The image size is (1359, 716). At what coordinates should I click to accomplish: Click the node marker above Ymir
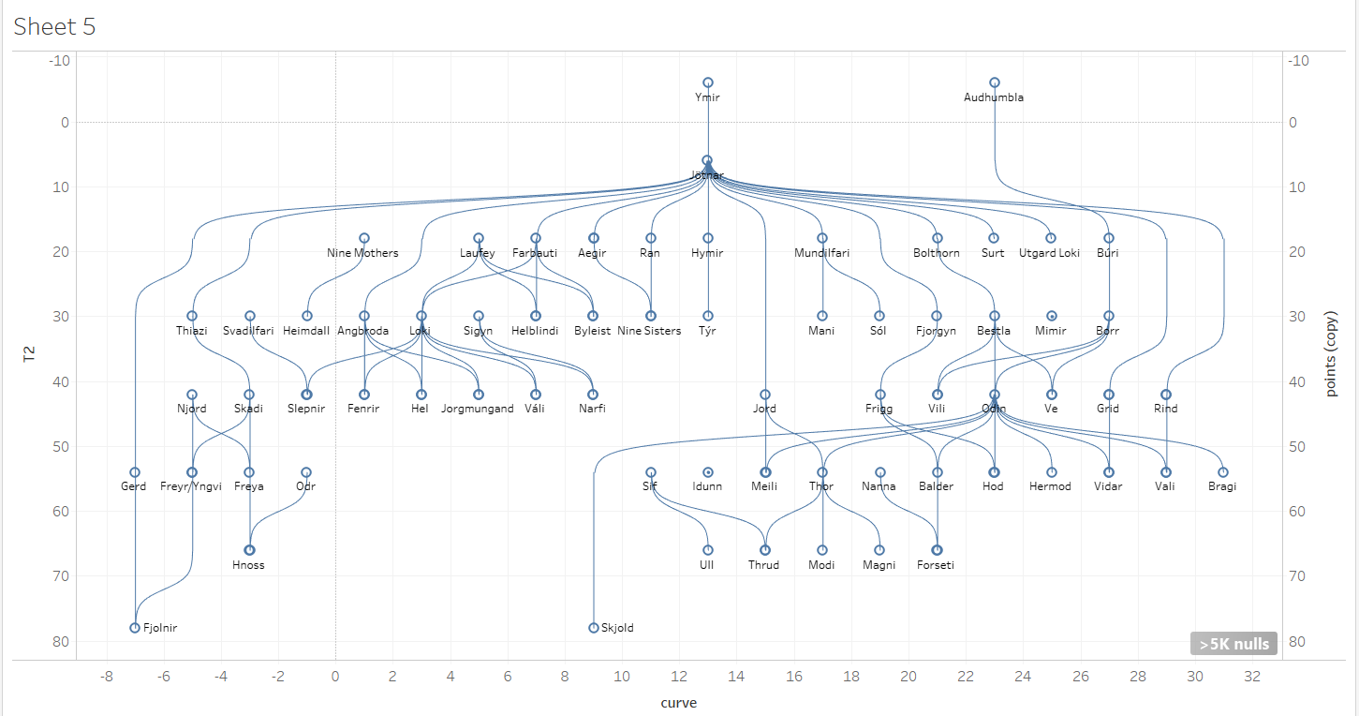708,82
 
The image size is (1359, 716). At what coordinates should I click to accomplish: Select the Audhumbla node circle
995,82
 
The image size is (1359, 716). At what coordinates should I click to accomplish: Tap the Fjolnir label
160,628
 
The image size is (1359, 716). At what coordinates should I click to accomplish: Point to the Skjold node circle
594,628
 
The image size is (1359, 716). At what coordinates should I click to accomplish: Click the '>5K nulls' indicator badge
1233,644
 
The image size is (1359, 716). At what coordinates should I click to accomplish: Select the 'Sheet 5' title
54,26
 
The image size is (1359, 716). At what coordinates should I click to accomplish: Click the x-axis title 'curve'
678,703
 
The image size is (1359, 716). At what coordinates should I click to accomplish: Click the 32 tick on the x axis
1252,677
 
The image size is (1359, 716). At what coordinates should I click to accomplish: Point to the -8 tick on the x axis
106,677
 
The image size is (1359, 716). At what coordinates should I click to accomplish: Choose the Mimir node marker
1052,316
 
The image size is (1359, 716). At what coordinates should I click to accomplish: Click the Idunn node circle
708,472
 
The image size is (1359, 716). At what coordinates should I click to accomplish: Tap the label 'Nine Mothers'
362,253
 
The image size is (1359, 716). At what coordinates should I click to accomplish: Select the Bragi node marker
1223,472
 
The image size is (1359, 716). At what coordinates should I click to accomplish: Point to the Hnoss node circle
249,550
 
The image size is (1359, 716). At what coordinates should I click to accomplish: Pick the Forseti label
936,565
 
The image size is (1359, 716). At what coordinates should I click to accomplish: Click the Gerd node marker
135,472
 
